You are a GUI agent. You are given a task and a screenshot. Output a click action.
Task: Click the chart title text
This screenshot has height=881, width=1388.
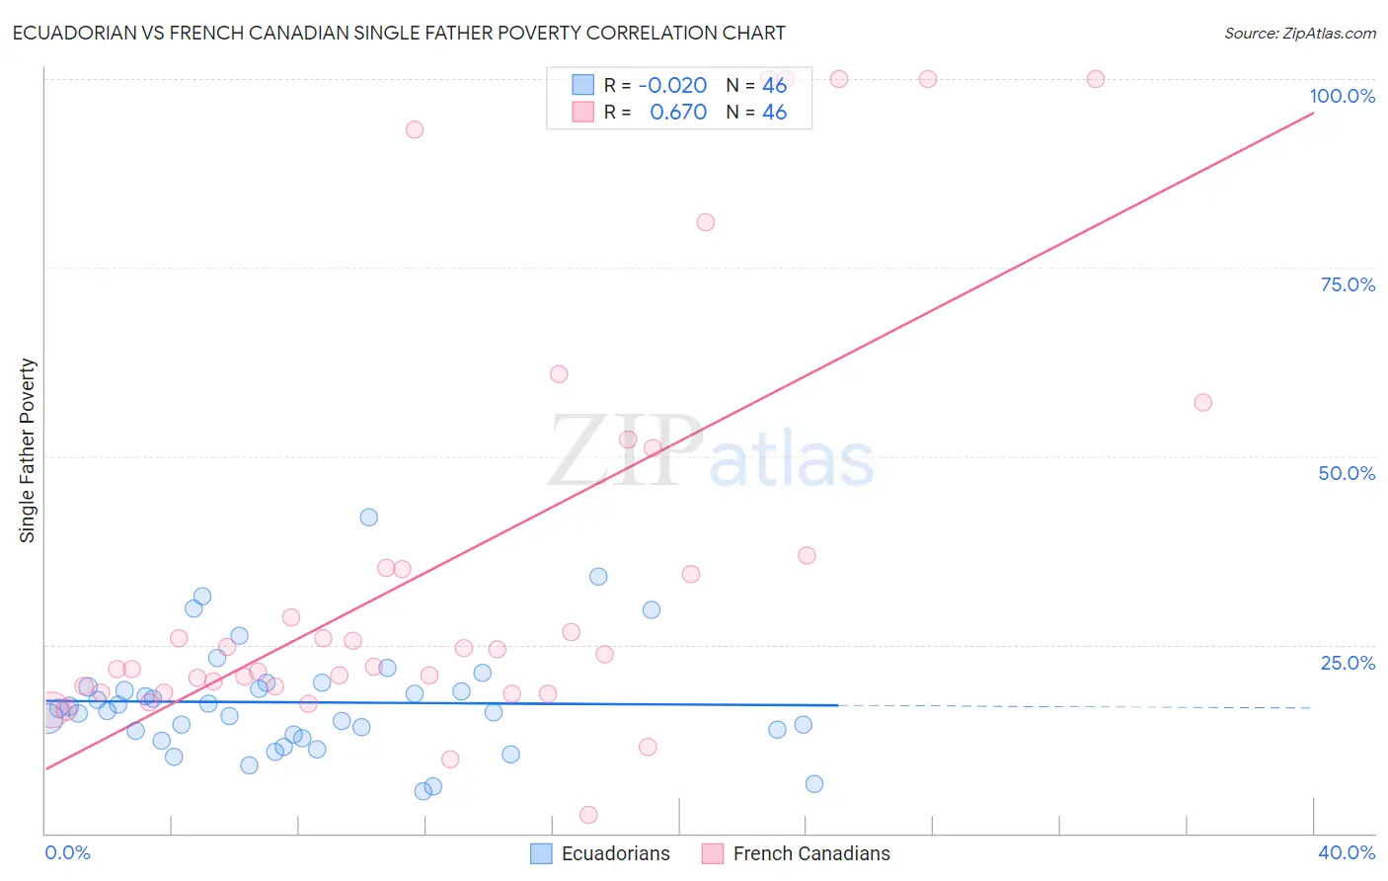coord(399,33)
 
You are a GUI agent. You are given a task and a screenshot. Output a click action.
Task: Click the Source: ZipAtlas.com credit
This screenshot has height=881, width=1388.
coord(1299,33)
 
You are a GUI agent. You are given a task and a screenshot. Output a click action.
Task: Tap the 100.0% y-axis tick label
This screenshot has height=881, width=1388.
coord(1342,96)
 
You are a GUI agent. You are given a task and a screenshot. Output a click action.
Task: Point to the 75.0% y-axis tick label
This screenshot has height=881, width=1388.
coord(1348,284)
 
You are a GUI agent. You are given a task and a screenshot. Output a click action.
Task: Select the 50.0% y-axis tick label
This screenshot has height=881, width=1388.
coord(1347,473)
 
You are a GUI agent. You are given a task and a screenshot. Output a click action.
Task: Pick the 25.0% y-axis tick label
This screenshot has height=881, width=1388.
coord(1348,662)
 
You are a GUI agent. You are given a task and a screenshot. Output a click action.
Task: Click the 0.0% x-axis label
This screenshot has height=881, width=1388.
coord(68,852)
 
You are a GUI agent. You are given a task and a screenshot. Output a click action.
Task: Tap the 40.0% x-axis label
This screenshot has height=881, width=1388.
coord(1346,852)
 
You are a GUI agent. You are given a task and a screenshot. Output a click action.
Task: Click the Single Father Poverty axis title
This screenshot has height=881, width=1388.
coord(28,450)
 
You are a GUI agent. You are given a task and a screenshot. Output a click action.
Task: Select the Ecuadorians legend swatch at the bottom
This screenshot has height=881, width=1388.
coord(541,853)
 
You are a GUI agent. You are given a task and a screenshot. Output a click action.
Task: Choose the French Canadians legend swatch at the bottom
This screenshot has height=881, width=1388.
coord(713,853)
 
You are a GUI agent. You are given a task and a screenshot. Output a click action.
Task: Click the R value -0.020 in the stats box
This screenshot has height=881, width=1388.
coord(672,85)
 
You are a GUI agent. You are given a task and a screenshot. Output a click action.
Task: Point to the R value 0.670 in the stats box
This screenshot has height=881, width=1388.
coord(678,113)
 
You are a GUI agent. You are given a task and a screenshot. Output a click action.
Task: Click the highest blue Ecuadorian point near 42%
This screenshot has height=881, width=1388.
coord(369,517)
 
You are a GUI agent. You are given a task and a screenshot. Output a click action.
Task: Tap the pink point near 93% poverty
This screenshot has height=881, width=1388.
coord(415,129)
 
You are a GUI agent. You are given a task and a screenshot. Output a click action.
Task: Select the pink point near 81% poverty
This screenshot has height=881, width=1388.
coord(706,222)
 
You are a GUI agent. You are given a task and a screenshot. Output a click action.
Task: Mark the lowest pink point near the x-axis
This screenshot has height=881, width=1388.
coord(588,815)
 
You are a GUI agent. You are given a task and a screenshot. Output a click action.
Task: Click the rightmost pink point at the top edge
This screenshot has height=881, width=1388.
coord(1096,79)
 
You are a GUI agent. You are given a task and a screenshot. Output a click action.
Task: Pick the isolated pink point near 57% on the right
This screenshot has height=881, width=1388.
coord(1202,402)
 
